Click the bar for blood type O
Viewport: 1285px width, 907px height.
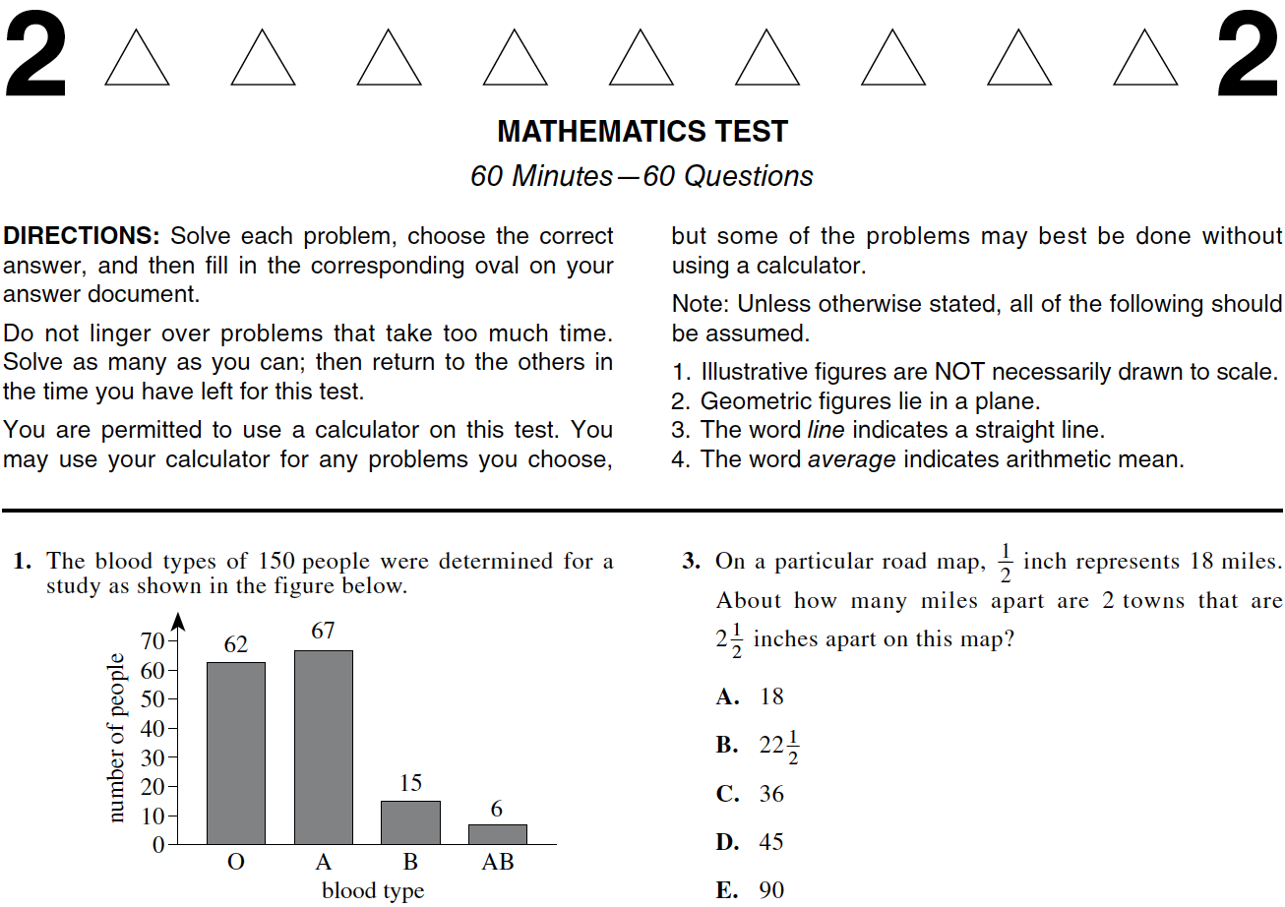pos(235,753)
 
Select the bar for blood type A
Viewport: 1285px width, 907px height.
pos(323,747)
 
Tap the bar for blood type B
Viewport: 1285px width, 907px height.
pos(410,822)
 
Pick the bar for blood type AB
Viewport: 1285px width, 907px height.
pos(497,834)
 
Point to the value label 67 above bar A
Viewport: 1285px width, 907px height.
pos(324,632)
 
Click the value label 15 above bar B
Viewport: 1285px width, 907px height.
pos(410,783)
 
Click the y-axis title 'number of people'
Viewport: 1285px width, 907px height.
pos(116,738)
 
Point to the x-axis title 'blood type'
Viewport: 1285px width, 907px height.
pos(373,890)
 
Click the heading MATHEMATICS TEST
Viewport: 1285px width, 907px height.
pos(642,132)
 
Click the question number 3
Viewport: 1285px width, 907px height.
pos(692,562)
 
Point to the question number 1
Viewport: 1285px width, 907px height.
pos(23,562)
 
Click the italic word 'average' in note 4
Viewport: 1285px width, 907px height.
pos(851,459)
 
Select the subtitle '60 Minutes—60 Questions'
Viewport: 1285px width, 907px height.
pos(642,176)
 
